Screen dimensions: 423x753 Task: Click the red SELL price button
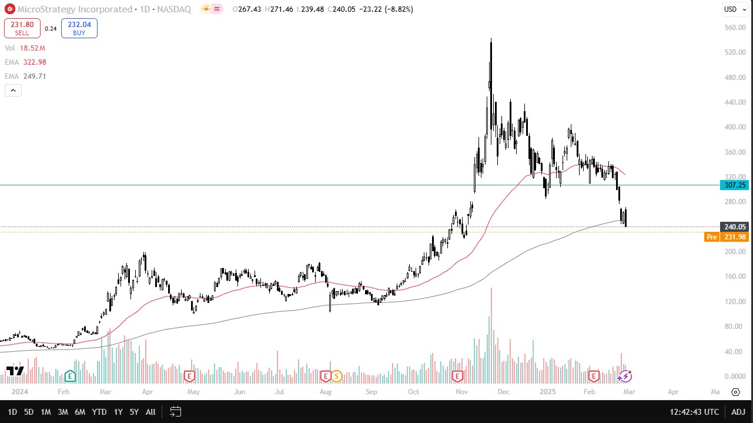click(22, 28)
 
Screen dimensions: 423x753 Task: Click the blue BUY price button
click(79, 28)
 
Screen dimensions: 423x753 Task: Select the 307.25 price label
click(735, 185)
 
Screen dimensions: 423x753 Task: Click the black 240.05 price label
click(735, 227)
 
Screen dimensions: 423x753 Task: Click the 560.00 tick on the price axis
click(735, 28)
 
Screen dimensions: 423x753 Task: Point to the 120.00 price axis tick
click(735, 302)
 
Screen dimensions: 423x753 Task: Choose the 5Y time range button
click(134, 412)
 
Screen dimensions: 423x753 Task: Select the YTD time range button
click(99, 412)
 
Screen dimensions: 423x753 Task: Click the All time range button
click(150, 412)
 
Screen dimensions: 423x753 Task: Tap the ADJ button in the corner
click(739, 412)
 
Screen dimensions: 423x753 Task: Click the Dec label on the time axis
click(503, 392)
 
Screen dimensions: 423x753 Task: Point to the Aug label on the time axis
click(325, 392)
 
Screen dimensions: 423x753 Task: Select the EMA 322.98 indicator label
click(25, 62)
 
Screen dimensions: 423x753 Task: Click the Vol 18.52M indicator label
click(25, 48)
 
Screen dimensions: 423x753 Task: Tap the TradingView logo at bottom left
click(15, 371)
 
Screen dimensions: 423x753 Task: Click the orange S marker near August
click(337, 375)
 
